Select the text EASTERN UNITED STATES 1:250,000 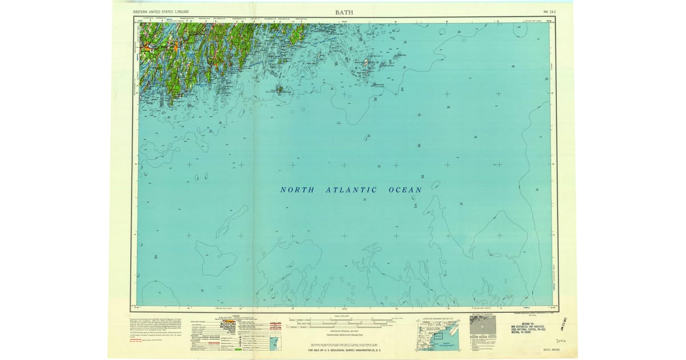click(x=161, y=11)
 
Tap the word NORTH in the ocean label click(x=297, y=190)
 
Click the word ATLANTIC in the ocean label click(x=351, y=190)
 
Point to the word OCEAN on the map click(x=405, y=190)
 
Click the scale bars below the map click(x=344, y=322)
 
